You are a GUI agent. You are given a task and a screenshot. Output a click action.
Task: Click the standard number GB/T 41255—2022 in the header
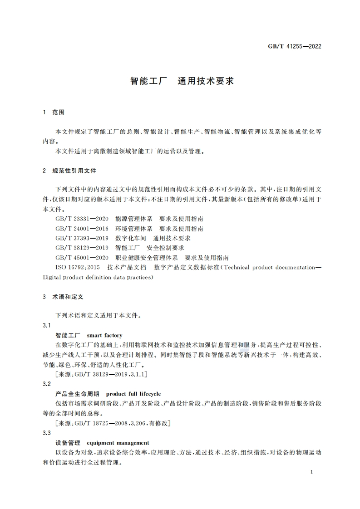click(296, 46)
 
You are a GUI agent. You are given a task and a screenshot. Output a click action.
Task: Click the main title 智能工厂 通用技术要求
click(182, 81)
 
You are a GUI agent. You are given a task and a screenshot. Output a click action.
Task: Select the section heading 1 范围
click(54, 112)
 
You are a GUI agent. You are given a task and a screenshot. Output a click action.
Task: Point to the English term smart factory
click(104, 335)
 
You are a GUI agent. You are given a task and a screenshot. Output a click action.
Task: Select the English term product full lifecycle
click(133, 394)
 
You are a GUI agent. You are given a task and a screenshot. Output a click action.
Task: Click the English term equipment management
click(118, 443)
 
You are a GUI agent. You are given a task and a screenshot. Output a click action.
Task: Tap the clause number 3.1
click(46, 325)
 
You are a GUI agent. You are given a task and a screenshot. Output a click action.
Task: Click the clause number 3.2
click(46, 384)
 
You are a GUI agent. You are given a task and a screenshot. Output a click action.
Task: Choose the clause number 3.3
click(46, 433)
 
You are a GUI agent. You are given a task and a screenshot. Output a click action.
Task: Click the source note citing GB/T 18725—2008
click(112, 423)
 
